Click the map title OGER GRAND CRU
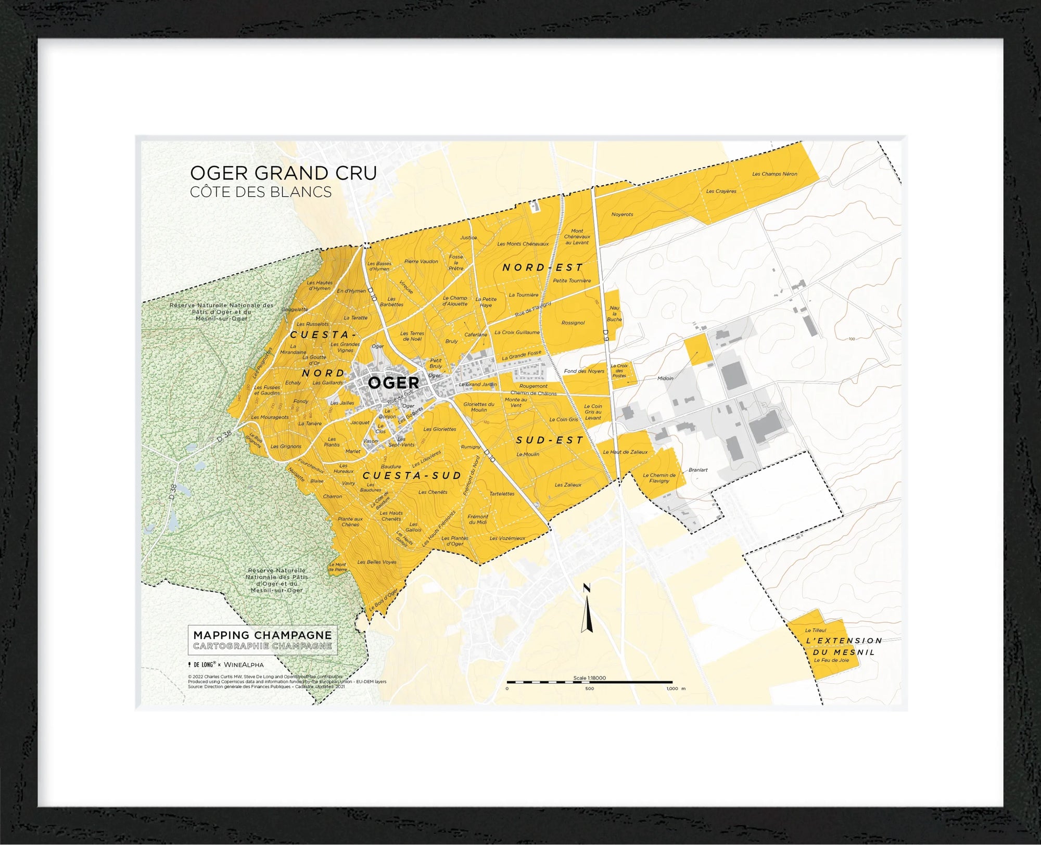click(x=283, y=173)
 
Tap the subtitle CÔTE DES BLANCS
click(x=261, y=192)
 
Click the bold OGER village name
click(x=393, y=383)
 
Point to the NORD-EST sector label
click(x=542, y=267)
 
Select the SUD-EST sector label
click(x=550, y=440)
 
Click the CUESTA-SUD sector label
click(x=412, y=476)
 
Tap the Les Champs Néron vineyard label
click(x=775, y=174)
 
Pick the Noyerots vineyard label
click(x=622, y=214)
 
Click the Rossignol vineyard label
click(x=573, y=323)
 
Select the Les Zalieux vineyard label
click(x=568, y=485)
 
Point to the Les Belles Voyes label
click(x=377, y=562)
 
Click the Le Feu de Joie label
click(x=831, y=660)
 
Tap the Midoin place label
click(x=665, y=378)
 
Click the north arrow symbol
click(x=588, y=609)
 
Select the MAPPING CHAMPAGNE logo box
click(x=262, y=640)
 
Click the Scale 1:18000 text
click(x=589, y=678)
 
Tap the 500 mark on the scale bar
click(x=589, y=688)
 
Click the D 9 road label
click(x=605, y=335)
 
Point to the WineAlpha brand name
click(x=244, y=664)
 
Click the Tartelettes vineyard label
click(x=502, y=494)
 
